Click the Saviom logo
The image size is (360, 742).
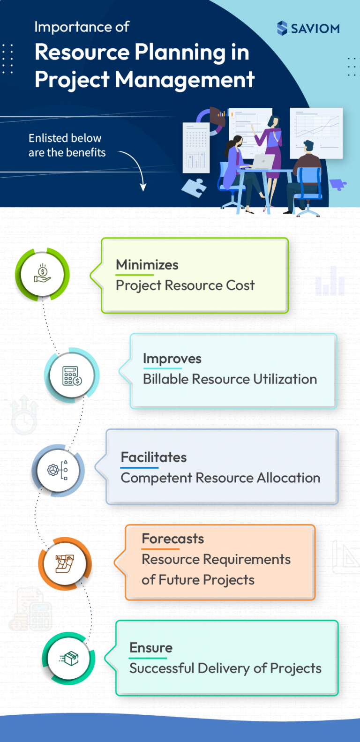pos(308,28)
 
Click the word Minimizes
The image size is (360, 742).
pos(147,265)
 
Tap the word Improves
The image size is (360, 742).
pos(172,359)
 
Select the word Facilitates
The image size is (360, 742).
pos(154,457)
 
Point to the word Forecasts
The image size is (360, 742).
pos(172,539)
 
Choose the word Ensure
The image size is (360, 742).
pos(151,648)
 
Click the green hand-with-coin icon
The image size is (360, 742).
pos(42,274)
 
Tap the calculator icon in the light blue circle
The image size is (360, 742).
pos(72,375)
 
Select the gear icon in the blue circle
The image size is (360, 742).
pos(58,470)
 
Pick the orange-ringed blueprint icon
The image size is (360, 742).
pos(65,563)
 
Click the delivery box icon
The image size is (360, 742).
pos(69,659)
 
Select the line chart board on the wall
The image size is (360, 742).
pos(316,133)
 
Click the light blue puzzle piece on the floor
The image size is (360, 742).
pos(194,188)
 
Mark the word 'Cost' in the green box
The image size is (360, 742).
pos(240,285)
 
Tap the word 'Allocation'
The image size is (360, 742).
pos(288,478)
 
